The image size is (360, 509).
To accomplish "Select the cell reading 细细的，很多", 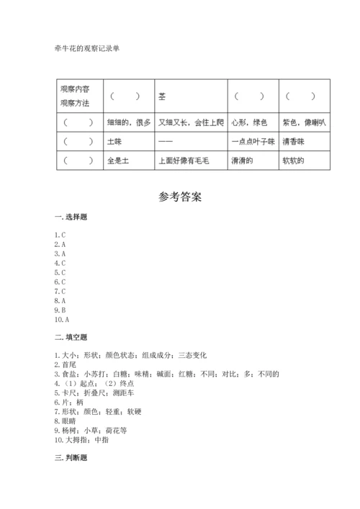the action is click(x=128, y=123).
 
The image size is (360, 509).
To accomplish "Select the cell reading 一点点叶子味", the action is click(x=253, y=142).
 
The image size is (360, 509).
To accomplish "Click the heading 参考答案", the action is click(x=179, y=196).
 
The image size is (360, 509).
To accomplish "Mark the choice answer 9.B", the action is click(x=60, y=310).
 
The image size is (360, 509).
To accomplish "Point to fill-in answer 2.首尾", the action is click(x=66, y=365).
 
